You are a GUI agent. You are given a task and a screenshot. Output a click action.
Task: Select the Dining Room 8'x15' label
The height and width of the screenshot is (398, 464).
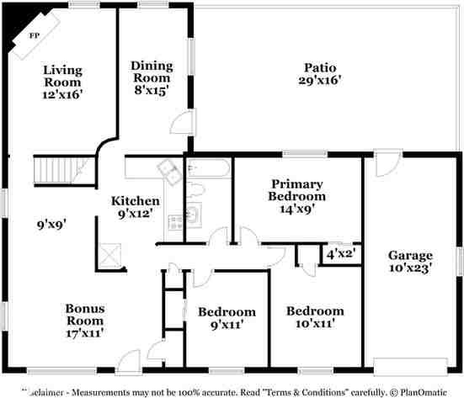152,77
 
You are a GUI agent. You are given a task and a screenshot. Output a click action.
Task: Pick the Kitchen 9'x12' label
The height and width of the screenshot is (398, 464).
136,207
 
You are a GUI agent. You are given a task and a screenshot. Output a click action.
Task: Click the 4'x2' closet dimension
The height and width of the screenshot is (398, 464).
342,252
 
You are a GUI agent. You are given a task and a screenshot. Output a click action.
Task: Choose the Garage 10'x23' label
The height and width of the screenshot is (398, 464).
410,262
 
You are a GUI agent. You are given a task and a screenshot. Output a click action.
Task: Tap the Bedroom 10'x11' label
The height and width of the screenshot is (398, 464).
315,316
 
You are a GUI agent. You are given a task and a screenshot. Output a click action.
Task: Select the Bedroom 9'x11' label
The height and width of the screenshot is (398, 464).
227,318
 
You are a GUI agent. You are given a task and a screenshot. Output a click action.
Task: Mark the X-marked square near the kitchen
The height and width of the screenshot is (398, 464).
109,252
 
